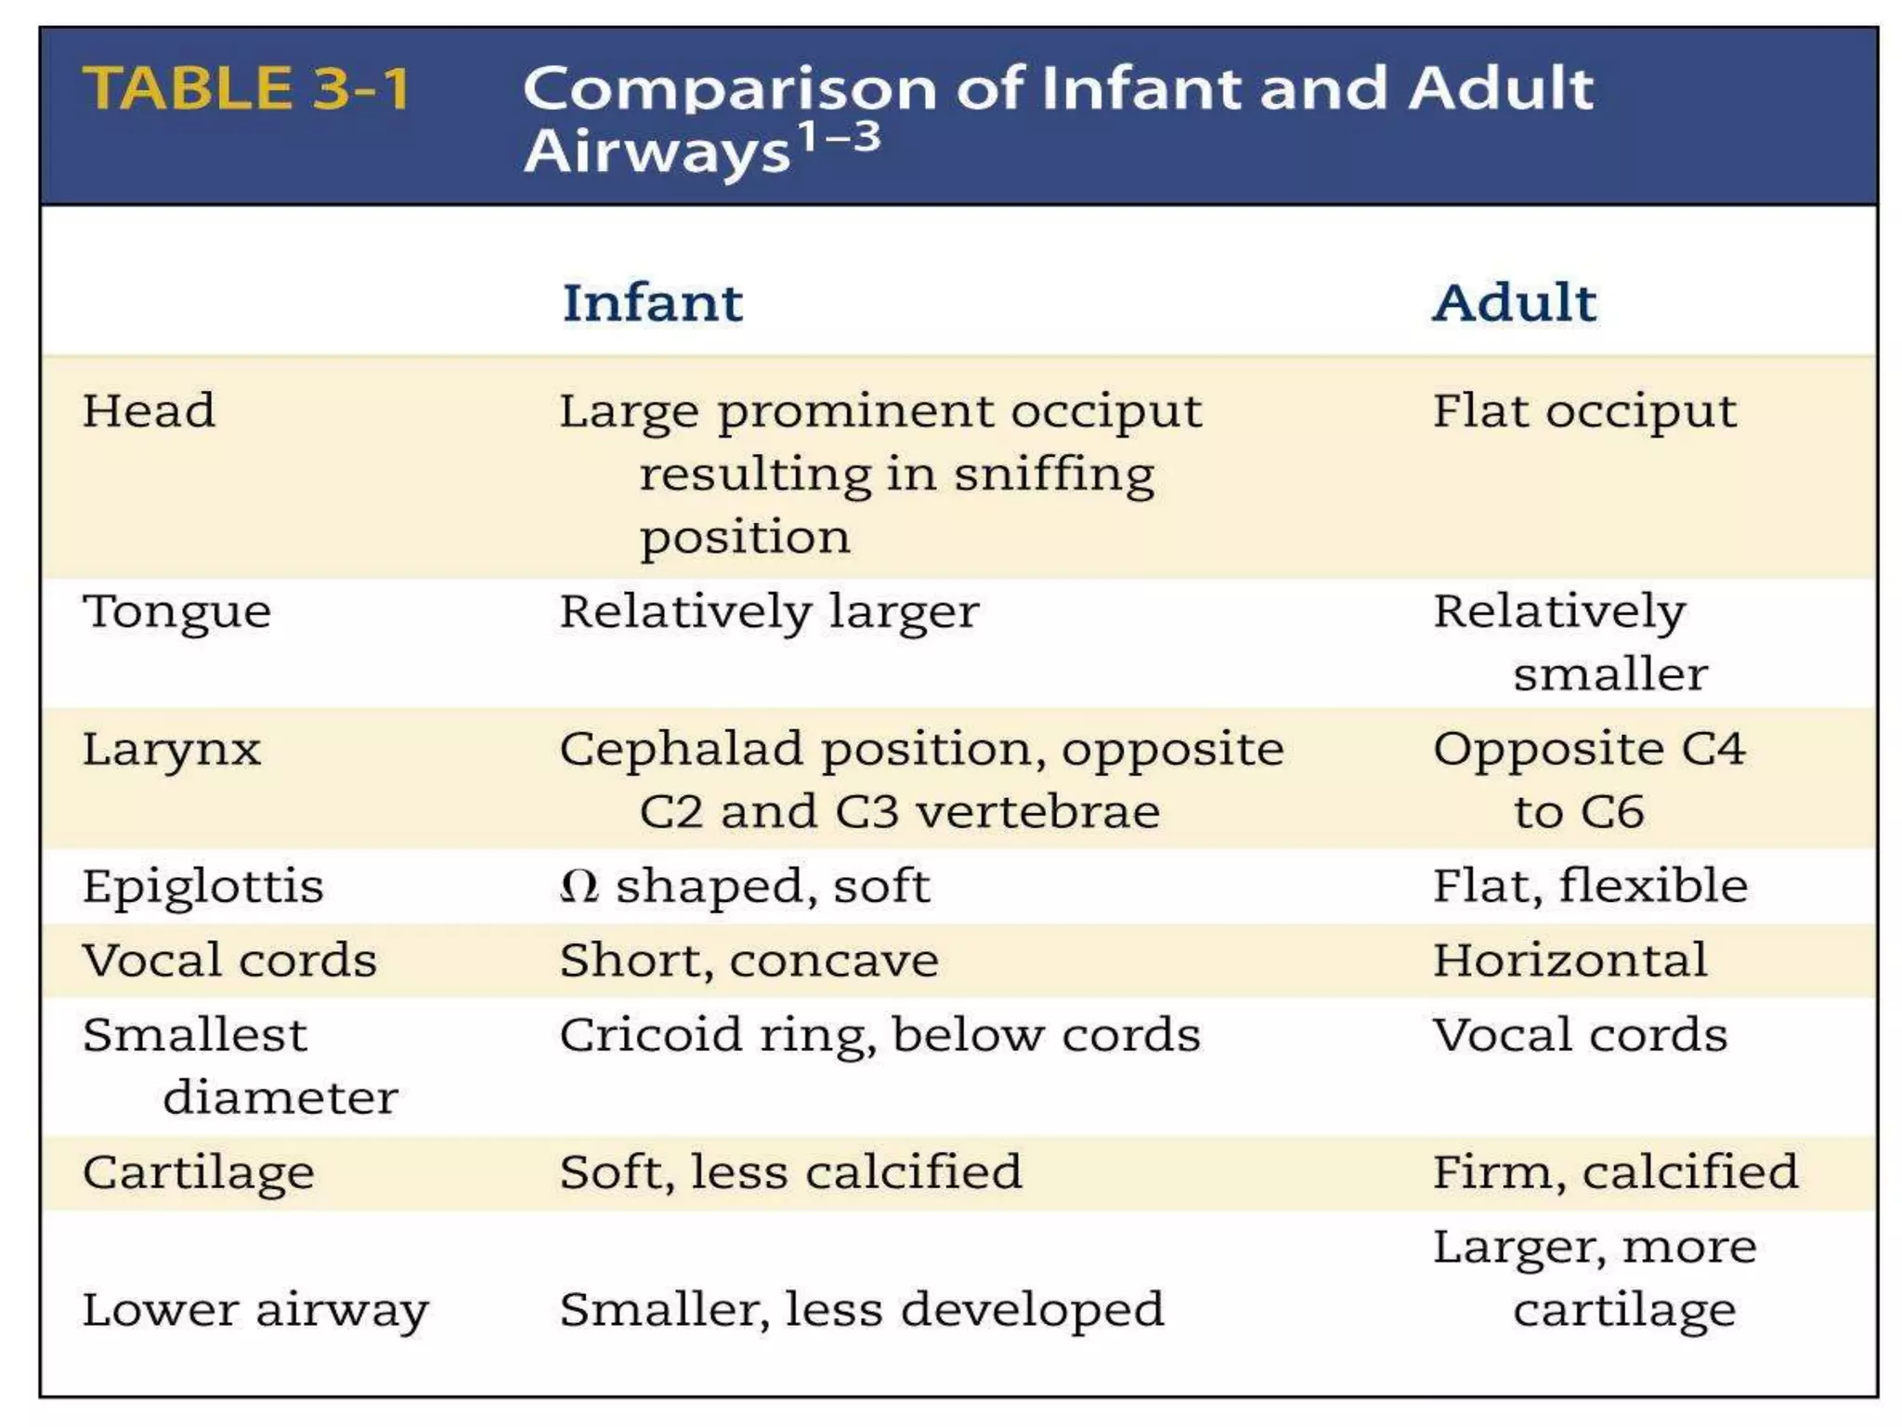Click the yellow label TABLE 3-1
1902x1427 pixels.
[246, 88]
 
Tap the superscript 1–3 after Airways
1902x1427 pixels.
[840, 137]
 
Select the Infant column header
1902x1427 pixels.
[652, 303]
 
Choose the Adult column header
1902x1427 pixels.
[1514, 303]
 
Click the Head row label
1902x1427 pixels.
[149, 411]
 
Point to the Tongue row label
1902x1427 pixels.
[176, 611]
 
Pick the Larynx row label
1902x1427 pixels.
[172, 750]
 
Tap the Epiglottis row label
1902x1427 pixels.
[202, 885]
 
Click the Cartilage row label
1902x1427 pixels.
[198, 1172]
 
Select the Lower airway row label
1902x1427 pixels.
[255, 1310]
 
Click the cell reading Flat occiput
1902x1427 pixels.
[1583, 411]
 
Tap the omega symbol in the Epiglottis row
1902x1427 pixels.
[580, 886]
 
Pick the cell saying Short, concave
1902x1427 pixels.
[749, 960]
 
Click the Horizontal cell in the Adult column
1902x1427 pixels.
[1570, 960]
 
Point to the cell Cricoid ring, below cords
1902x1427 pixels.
[879, 1035]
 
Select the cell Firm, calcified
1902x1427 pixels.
[1615, 1172]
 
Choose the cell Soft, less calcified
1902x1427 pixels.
[790, 1172]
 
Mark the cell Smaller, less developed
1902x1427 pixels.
[861, 1310]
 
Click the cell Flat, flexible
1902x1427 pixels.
[1590, 885]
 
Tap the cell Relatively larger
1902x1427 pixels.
[769, 611]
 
